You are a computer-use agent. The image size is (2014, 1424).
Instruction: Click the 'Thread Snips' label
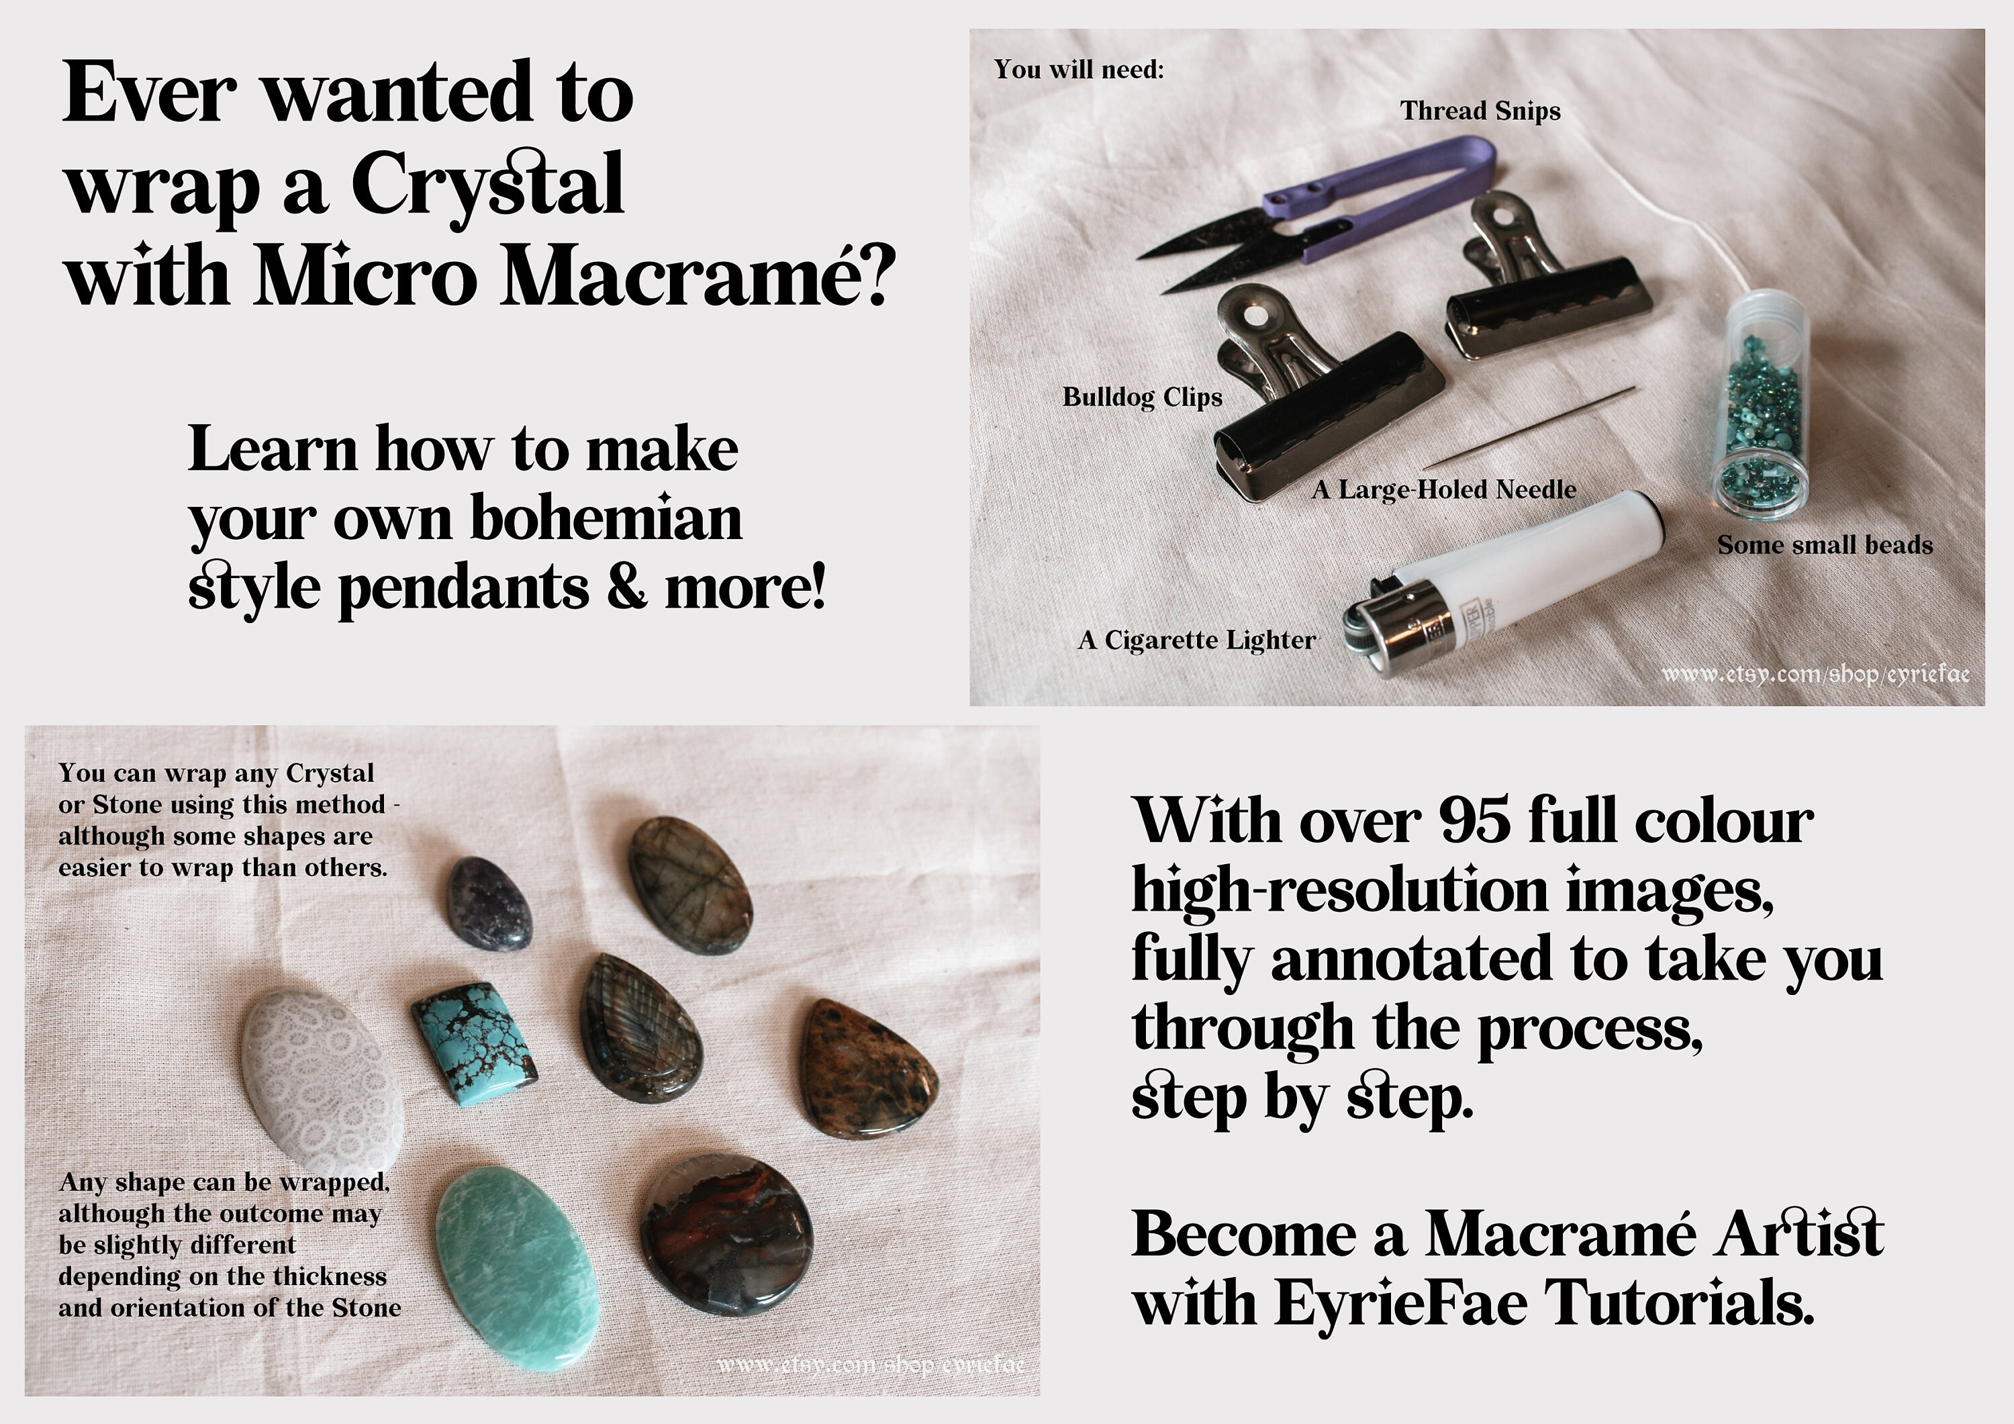pos(1480,111)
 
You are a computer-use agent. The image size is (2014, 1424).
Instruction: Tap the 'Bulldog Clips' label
pos(1142,397)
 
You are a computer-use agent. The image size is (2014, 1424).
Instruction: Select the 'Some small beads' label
pos(1825,546)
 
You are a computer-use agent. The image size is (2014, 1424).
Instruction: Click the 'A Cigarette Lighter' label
pos(1196,640)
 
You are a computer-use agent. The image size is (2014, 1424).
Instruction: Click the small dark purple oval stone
pos(489,904)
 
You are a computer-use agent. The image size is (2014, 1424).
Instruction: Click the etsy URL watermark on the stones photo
pos(870,1366)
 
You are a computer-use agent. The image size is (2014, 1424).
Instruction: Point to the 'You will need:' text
pos(1078,69)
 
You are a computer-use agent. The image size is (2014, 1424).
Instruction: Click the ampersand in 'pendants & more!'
pos(626,588)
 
